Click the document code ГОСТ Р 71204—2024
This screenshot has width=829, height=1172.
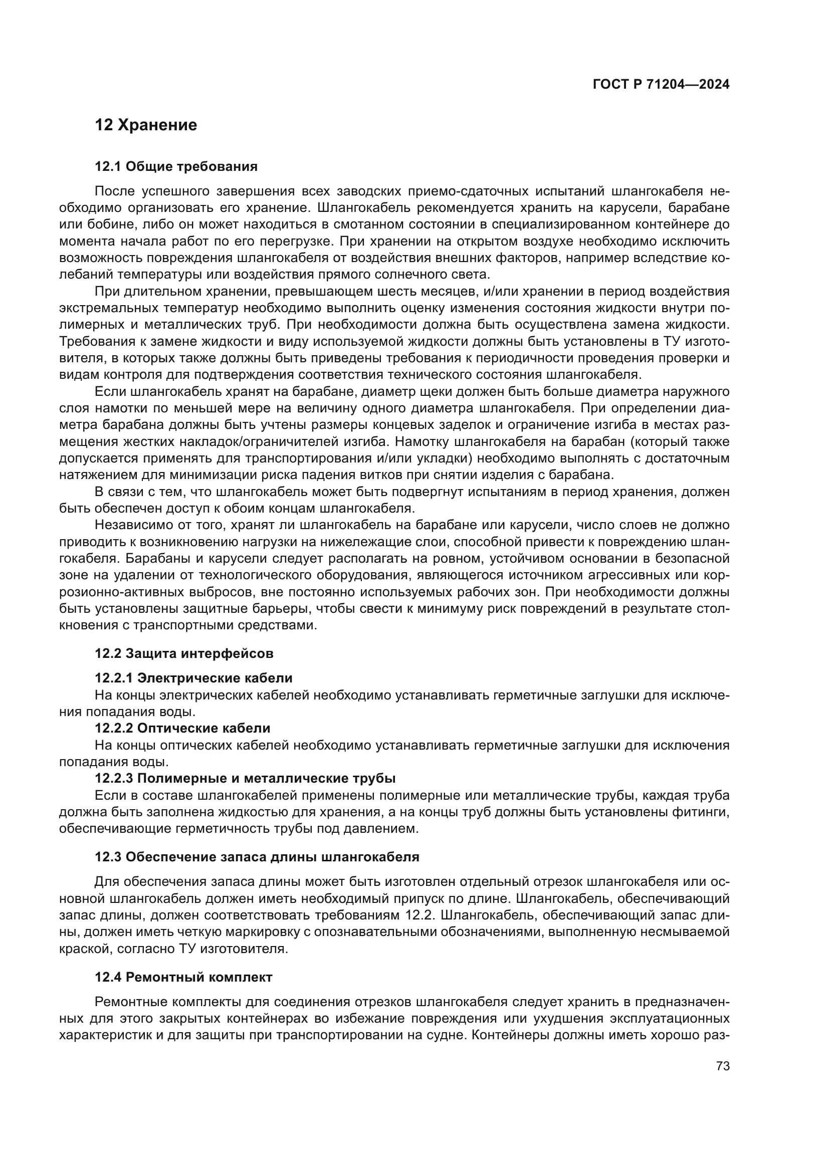[x=661, y=85]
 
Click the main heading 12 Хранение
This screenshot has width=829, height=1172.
[x=146, y=125]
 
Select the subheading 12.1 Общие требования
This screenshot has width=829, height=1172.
[x=176, y=166]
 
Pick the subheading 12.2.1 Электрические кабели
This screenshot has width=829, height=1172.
[x=193, y=678]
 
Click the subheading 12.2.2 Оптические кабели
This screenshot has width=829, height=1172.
[x=182, y=728]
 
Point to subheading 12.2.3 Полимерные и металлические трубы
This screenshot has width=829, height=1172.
[x=245, y=778]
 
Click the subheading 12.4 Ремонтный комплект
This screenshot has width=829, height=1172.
[x=183, y=977]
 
